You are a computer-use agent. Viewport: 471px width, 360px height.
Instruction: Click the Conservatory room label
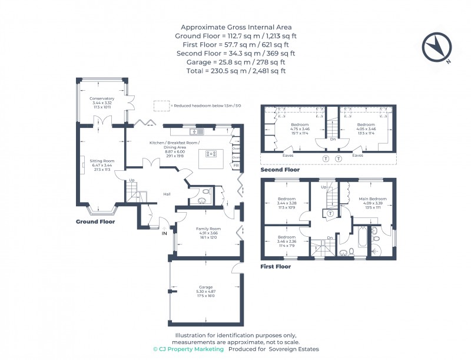click(x=102, y=98)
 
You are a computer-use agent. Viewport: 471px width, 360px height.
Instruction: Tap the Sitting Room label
click(x=102, y=160)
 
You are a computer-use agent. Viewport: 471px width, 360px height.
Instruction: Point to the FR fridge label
click(x=236, y=166)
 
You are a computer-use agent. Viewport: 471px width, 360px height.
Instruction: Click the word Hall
click(x=167, y=194)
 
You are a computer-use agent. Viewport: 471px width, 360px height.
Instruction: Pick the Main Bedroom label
click(x=373, y=199)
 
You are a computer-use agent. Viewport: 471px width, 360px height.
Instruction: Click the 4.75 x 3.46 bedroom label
click(x=300, y=129)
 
